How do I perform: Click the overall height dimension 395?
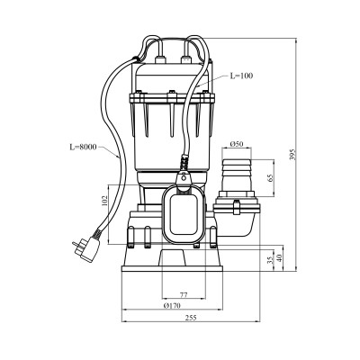[x=292, y=154]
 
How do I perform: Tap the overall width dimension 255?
[x=191, y=318]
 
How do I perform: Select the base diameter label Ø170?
[x=173, y=306]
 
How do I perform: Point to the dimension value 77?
[x=184, y=295]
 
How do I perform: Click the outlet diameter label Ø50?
[x=237, y=144]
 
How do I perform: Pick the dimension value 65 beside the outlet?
[x=271, y=178]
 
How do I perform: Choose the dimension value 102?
[x=104, y=201]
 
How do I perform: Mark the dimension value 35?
[x=271, y=260]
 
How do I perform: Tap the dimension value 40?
[x=280, y=258]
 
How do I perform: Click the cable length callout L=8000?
[x=83, y=147]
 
